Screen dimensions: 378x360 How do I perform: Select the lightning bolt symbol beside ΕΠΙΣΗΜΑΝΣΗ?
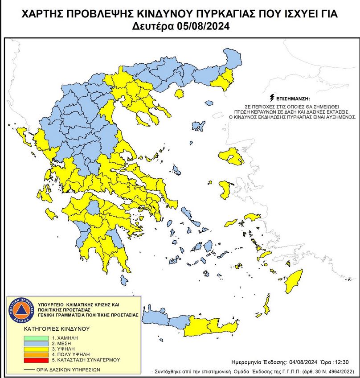tap(271, 97)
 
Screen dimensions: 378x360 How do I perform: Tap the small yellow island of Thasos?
tap(180, 94)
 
